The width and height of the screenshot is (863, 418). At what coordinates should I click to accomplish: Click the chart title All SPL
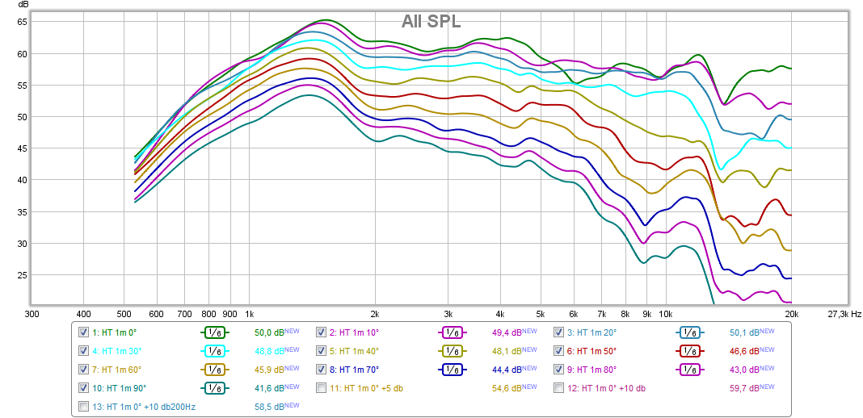tap(431, 22)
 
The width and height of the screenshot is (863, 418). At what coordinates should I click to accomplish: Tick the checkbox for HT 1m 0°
tap(83, 332)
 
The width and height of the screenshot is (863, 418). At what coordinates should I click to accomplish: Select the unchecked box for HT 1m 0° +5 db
tap(322, 388)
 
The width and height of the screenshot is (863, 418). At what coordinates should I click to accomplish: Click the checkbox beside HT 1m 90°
tap(83, 388)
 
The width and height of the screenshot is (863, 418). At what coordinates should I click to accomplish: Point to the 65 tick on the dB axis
tap(23, 22)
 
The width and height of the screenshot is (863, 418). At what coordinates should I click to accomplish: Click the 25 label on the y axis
tap(23, 275)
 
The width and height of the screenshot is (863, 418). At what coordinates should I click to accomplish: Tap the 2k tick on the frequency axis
tap(375, 313)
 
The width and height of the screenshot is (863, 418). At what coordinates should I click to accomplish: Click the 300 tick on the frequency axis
tap(32, 313)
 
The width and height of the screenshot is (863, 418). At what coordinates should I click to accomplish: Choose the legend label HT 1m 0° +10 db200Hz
tap(144, 407)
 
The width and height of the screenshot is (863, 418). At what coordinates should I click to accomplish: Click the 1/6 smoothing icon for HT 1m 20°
tap(689, 332)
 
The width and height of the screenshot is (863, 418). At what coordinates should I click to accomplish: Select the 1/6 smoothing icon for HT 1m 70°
tap(453, 370)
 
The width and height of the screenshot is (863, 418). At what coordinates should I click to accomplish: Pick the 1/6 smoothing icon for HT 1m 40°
tap(453, 351)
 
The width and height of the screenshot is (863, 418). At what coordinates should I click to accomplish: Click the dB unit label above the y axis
tap(22, 6)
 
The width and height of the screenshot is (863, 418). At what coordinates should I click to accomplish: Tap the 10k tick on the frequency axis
tap(665, 313)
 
